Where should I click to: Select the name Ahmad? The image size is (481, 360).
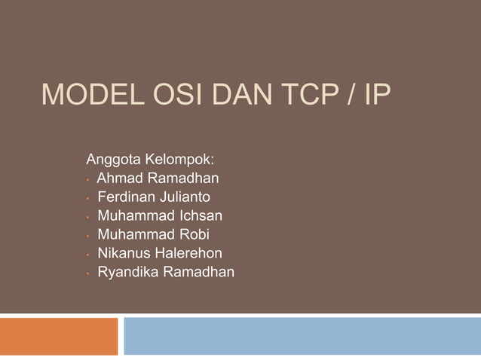(120, 179)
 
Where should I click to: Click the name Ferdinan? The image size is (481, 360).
(126, 198)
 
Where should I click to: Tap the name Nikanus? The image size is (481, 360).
(123, 253)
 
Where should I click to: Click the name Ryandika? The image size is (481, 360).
(126, 271)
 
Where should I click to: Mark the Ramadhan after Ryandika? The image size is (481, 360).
(199, 271)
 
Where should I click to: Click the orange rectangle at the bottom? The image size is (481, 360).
(59, 336)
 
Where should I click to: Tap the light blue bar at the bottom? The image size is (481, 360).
(302, 336)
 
